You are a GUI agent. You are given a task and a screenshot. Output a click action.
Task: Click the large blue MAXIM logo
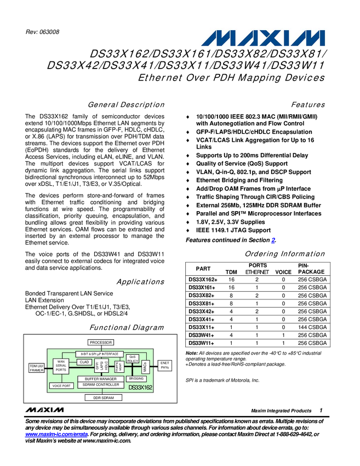point(264,38)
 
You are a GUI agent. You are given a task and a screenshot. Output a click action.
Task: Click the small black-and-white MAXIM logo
point(44,410)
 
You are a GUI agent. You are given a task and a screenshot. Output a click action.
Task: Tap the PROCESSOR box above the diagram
point(101,343)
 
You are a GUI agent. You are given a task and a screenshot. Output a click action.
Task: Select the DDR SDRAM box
point(104,397)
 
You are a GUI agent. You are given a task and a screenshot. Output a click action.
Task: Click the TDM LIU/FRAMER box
point(36,367)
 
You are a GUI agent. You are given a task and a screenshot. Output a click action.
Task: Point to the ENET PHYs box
point(165,365)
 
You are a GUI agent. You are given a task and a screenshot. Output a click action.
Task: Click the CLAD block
point(84,362)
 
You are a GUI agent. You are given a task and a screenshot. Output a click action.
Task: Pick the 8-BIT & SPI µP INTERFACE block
point(100,354)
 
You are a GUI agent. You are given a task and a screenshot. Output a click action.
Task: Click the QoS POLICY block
point(133,359)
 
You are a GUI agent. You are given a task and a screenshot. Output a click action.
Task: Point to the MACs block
point(145,367)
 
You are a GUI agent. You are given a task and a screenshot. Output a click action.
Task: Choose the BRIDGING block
point(136,378)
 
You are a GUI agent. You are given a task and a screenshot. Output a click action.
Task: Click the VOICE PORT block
point(61,386)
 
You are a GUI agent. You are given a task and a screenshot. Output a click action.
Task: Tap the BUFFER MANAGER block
point(101,379)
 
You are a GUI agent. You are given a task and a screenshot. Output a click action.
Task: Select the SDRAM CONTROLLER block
point(101,385)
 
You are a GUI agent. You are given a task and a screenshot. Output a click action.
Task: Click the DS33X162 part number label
point(140,387)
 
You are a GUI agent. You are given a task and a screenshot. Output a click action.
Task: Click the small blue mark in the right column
point(273,240)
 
